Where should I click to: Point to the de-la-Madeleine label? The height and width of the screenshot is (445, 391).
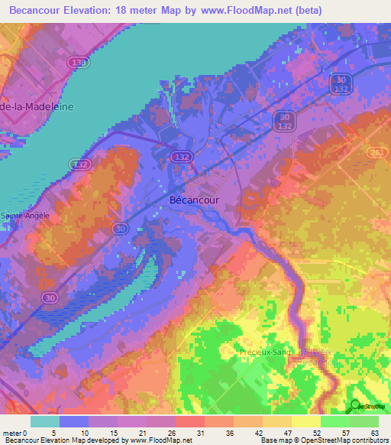click(37, 107)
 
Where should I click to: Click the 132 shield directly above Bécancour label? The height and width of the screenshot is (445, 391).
click(181, 157)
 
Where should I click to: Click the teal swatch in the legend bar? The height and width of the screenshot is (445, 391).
click(45, 421)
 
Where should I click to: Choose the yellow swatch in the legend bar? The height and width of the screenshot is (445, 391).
click(305, 421)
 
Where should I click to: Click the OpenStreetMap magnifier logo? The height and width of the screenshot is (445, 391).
click(355, 407)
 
